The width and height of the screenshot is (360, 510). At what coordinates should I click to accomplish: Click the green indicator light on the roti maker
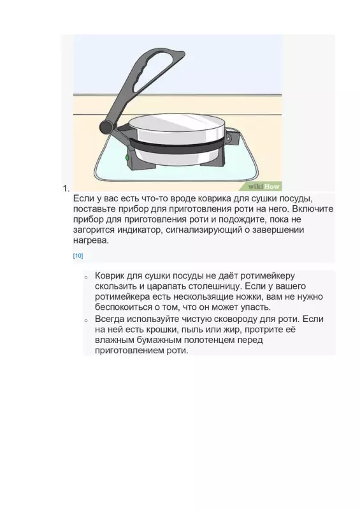(x=127, y=157)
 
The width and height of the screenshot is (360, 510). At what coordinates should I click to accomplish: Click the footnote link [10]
(x=78, y=256)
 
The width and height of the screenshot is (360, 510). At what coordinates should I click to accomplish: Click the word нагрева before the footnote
(x=91, y=240)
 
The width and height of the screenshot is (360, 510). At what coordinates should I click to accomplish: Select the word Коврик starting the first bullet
(x=110, y=277)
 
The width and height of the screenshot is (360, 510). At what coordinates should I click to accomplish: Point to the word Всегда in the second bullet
(x=110, y=319)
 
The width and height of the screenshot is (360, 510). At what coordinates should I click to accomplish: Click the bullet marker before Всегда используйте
(x=85, y=320)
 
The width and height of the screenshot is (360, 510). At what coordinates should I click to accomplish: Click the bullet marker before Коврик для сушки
(x=85, y=278)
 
